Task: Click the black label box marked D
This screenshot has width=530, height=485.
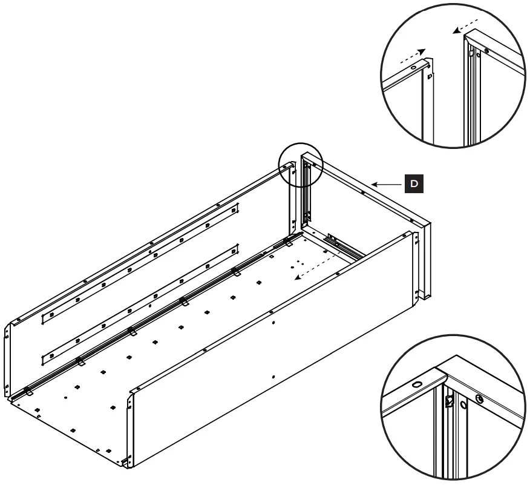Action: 414,183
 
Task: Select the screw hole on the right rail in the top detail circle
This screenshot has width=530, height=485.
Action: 486,51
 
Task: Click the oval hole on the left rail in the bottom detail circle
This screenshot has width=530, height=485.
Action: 417,384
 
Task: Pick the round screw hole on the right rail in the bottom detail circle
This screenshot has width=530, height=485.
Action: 480,398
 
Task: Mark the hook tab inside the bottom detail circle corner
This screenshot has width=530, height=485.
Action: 450,400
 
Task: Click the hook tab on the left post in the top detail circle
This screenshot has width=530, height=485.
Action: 429,77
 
